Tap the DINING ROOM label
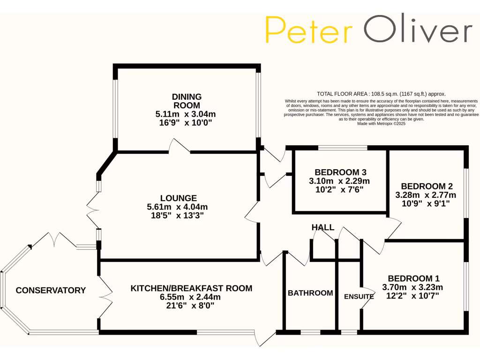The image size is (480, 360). click(x=187, y=101)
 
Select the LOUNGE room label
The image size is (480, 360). click(x=178, y=198)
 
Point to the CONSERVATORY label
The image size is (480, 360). click(x=51, y=291)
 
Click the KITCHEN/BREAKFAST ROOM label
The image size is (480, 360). click(x=191, y=288)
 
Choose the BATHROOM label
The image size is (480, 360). click(x=310, y=293)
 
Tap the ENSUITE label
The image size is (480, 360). click(x=359, y=296)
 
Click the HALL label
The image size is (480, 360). click(x=323, y=227)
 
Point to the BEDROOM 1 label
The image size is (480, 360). click(x=413, y=278)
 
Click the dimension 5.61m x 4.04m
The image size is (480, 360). click(x=178, y=207)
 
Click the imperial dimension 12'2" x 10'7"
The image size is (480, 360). click(x=412, y=296)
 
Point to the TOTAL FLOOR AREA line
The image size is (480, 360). click(x=381, y=94)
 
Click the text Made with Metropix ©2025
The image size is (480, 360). click(x=381, y=124)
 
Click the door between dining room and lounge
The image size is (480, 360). click(x=180, y=146)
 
